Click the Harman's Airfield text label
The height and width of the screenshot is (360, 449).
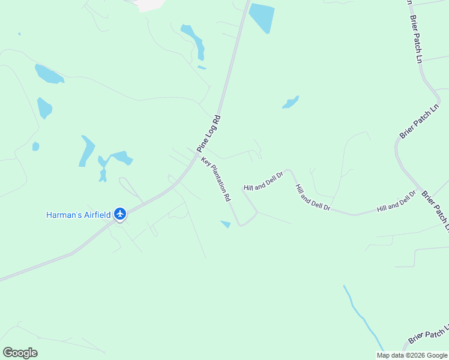79,214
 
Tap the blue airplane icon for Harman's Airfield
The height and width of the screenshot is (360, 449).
121,214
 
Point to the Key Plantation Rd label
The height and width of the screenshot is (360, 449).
216,179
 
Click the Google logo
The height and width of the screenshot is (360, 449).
20,352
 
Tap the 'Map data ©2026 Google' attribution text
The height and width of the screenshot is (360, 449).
412,355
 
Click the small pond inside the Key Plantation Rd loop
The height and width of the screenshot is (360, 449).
226,224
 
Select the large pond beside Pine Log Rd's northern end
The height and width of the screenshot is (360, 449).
262,17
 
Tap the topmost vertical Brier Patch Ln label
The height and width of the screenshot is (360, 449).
415,39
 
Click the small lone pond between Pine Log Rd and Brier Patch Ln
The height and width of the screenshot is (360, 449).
291,103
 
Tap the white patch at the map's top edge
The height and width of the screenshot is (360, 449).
150,5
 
